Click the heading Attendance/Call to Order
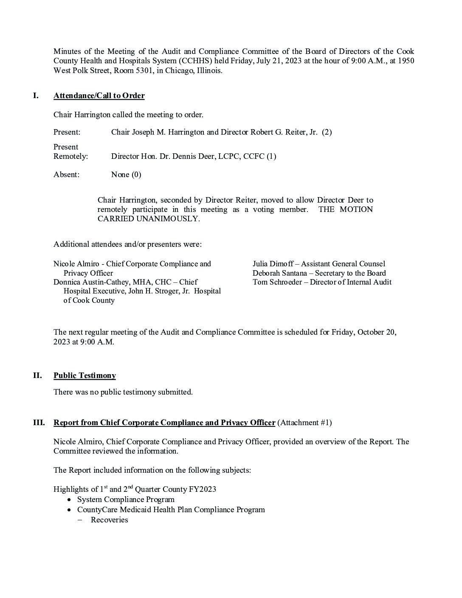(99, 96)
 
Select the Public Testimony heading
(85, 375)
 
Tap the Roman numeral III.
(39, 423)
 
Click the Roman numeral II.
(37, 375)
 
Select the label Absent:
(66, 175)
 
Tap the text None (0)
(126, 175)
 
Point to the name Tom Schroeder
(278, 282)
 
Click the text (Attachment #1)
(304, 423)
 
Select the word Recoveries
(109, 520)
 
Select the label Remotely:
(70, 156)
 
